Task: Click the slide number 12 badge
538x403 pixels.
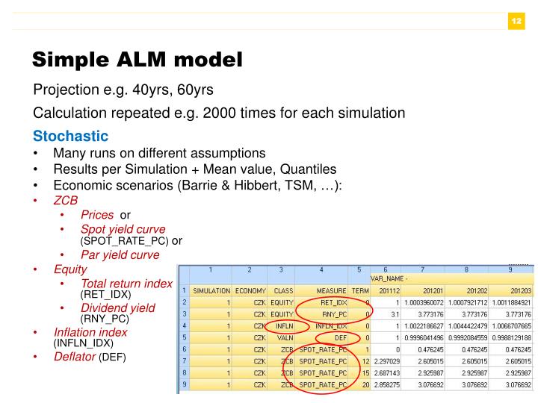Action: click(516, 21)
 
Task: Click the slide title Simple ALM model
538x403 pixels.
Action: click(137, 59)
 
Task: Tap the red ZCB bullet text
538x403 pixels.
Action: click(65, 201)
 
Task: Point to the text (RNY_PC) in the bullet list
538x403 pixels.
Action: click(105, 319)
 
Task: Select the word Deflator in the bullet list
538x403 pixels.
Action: click(75, 357)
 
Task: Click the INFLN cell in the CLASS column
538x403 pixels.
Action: click(282, 326)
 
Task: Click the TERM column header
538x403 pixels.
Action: click(360, 290)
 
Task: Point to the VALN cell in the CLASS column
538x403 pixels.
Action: click(282, 337)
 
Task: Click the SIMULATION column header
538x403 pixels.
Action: click(211, 290)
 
